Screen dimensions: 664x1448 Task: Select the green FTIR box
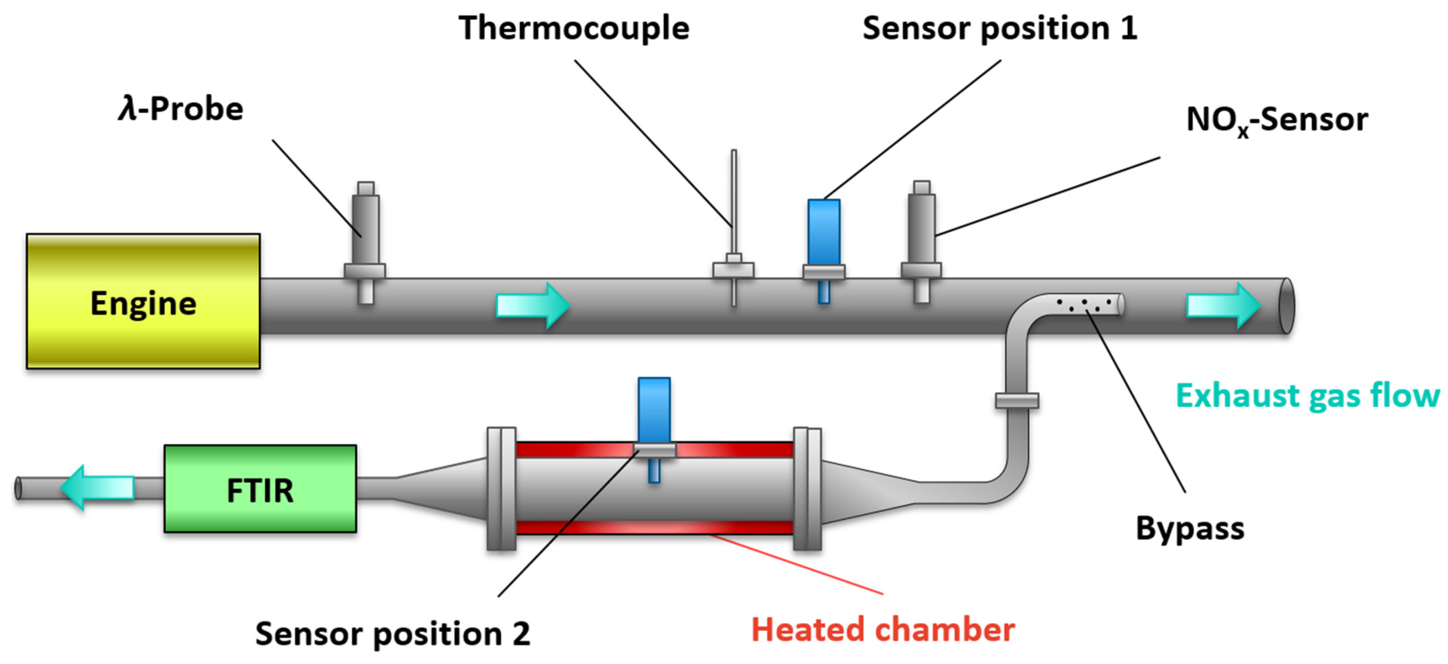click(260, 489)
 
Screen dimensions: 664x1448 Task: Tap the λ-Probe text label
click(181, 109)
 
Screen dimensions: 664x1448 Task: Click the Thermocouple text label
click(573, 28)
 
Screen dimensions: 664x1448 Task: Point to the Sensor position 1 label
click(999, 28)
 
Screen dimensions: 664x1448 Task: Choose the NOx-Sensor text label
click(1276, 120)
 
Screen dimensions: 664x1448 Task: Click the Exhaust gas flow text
click(1308, 396)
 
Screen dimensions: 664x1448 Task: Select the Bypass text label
click(1189, 529)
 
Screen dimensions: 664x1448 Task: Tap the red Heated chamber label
click(883, 629)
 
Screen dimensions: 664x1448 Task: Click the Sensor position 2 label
click(392, 634)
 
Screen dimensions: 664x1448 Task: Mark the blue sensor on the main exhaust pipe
click(824, 232)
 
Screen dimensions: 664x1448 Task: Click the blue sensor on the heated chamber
click(654, 409)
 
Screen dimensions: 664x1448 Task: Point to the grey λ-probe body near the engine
click(365, 228)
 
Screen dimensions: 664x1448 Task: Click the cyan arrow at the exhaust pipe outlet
click(1223, 306)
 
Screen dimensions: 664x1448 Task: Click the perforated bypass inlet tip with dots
click(1088, 305)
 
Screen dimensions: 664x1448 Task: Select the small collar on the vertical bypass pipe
click(1016, 400)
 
